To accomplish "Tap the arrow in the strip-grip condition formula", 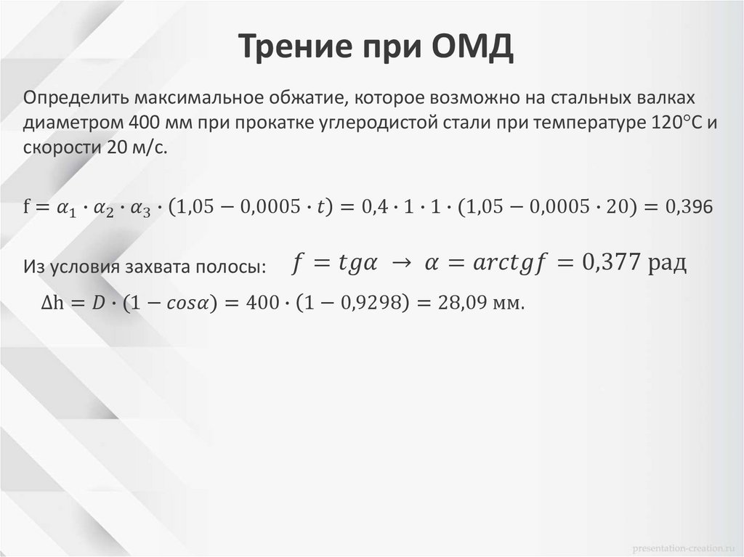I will pyautogui.click(x=399, y=262).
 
